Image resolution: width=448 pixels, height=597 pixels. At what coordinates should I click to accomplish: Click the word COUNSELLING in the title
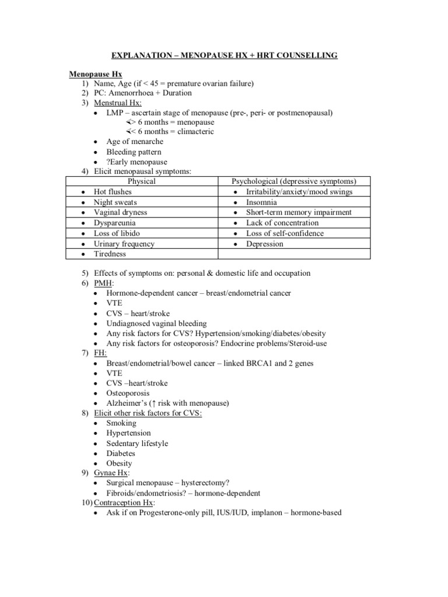[x=306, y=55]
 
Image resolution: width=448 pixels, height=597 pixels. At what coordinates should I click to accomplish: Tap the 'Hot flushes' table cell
[x=113, y=192]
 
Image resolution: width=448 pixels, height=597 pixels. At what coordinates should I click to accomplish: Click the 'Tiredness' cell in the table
[x=110, y=254]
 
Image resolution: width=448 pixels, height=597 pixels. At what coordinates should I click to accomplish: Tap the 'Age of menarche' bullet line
[x=135, y=142]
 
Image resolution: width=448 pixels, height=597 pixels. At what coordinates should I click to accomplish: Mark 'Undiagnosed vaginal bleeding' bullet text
[x=156, y=323]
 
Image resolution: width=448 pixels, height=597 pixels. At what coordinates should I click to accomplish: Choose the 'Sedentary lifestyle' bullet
[x=137, y=443]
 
